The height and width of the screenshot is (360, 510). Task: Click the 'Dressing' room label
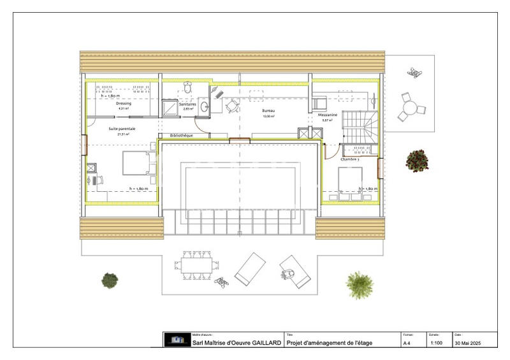124,103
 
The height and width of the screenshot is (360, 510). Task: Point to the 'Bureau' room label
268,111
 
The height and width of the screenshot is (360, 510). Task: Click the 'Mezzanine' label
328,115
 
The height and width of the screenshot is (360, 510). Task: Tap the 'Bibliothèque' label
182,135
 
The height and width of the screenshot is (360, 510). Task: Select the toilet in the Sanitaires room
188,87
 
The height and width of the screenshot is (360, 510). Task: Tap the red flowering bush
418,160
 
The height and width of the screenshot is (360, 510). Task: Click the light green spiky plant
356,281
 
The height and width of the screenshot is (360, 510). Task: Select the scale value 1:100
437,343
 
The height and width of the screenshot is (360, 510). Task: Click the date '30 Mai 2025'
468,343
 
